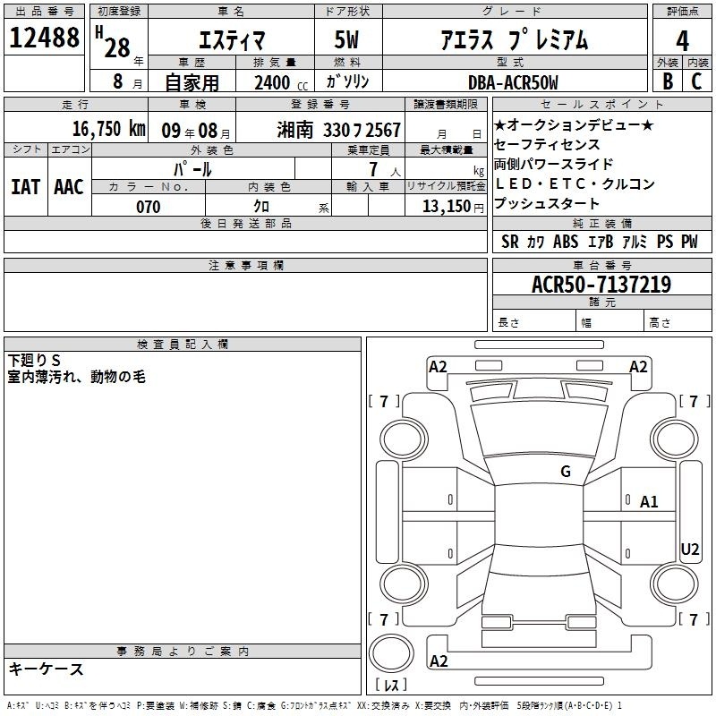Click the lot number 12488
click(44, 38)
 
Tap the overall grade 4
click(682, 41)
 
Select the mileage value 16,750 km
click(108, 129)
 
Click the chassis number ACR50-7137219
click(601, 285)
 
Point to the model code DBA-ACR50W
click(513, 82)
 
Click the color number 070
click(149, 207)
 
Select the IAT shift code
click(26, 187)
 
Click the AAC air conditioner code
click(69, 187)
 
